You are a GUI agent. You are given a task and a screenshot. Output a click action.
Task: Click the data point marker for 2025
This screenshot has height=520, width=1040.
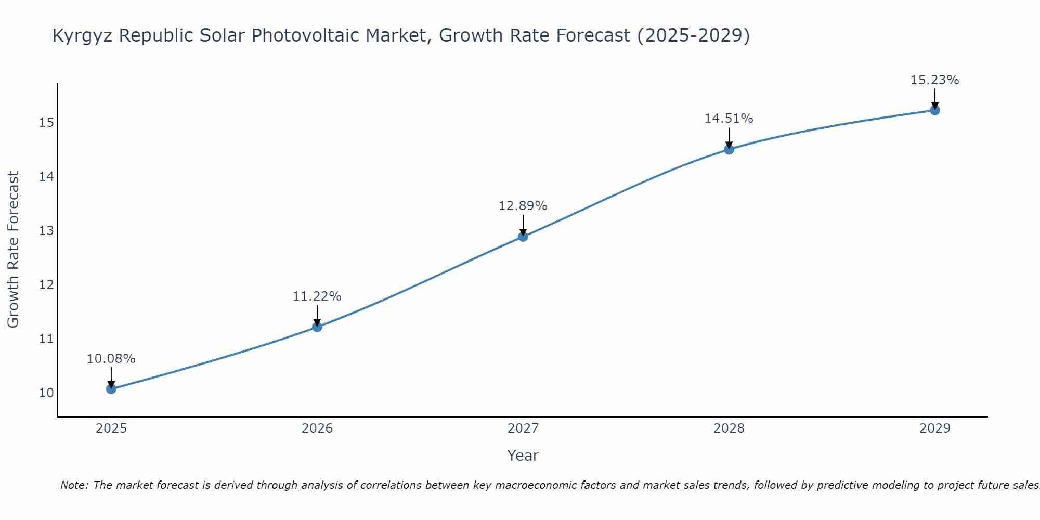tap(111, 388)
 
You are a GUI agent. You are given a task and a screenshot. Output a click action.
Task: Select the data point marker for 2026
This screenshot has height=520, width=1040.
tap(317, 327)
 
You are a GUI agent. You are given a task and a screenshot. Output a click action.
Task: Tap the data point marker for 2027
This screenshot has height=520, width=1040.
tap(523, 237)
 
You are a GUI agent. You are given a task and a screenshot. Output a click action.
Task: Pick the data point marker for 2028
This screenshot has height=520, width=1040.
tap(729, 149)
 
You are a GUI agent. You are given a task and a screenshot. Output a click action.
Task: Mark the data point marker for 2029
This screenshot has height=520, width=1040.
tap(935, 110)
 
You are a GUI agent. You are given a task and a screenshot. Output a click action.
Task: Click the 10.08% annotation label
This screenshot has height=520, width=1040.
tap(111, 359)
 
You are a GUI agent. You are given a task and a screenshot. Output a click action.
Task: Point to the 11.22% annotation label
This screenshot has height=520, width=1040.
tap(317, 296)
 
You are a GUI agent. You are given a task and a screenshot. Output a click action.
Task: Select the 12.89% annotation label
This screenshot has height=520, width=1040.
tap(523, 206)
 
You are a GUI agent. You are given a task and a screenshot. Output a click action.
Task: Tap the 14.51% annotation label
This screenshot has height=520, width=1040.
tap(729, 119)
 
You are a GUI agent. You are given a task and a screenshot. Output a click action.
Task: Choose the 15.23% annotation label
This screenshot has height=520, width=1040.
tap(935, 80)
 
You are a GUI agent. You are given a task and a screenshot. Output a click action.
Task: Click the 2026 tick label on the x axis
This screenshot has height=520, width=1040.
tap(317, 428)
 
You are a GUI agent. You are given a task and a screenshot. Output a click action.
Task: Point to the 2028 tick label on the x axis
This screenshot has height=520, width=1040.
tap(729, 428)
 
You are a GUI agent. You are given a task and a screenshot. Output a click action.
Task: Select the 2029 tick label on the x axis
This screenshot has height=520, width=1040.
tap(935, 428)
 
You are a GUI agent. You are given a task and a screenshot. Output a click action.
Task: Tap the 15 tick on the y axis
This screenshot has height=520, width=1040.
tap(46, 123)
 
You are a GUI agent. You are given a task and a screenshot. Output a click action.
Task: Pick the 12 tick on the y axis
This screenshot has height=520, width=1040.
tap(46, 285)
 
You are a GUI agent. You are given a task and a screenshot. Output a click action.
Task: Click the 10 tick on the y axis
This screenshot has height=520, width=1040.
tap(46, 393)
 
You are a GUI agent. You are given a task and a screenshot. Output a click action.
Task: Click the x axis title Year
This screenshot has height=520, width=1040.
tap(523, 456)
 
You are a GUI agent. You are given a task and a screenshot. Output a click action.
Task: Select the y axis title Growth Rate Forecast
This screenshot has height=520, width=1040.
tap(14, 250)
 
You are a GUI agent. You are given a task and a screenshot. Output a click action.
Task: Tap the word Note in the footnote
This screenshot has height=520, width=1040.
tap(74, 485)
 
